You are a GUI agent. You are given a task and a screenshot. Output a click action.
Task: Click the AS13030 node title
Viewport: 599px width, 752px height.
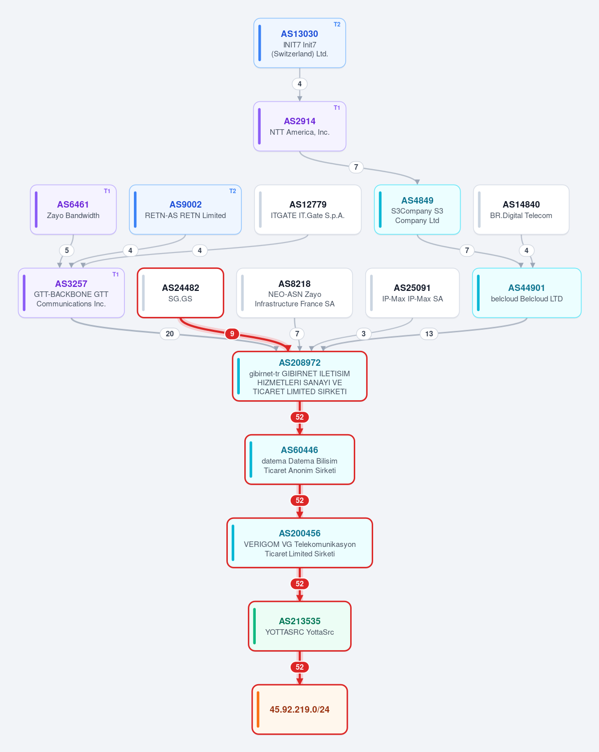click(300, 34)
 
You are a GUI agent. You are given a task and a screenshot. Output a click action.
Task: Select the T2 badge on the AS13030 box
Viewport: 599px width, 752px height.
click(337, 24)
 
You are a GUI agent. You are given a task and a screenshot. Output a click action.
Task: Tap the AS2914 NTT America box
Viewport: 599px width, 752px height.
click(300, 126)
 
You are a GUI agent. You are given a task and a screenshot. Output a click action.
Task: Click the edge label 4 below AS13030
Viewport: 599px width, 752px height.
click(300, 84)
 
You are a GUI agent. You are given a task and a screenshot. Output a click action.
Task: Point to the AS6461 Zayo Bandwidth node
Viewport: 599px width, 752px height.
click(73, 209)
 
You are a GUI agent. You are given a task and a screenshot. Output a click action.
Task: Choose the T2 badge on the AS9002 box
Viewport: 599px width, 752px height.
click(233, 191)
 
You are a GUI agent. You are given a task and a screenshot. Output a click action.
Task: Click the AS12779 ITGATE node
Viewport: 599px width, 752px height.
click(308, 209)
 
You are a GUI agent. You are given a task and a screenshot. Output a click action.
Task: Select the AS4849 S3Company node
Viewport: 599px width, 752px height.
click(417, 209)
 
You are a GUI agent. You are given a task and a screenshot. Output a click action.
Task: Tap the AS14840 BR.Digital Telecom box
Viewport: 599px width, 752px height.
click(522, 209)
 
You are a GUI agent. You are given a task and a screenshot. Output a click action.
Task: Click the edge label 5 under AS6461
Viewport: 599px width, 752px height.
click(67, 251)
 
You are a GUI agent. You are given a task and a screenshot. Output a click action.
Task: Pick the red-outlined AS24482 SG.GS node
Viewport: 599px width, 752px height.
click(180, 293)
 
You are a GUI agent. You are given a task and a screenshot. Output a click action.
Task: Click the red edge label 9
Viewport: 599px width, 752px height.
click(232, 334)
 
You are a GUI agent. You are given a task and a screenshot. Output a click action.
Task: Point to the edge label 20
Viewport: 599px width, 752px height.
click(170, 334)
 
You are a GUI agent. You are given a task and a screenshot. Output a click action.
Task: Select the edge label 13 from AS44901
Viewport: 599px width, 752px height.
click(429, 334)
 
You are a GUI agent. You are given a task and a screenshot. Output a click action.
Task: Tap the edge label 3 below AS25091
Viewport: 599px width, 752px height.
click(364, 334)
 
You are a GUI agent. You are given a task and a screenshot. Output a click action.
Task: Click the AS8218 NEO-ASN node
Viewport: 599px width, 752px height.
click(295, 293)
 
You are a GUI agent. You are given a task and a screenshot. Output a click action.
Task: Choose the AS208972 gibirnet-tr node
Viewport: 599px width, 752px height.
click(300, 376)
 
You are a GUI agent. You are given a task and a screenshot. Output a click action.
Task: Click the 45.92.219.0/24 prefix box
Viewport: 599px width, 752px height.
click(300, 710)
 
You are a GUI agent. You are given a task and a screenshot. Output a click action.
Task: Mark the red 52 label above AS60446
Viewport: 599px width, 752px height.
click(300, 417)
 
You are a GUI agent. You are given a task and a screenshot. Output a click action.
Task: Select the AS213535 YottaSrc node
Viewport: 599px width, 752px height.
click(300, 626)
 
